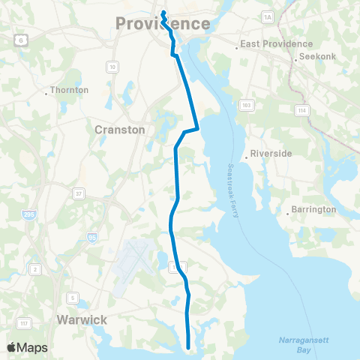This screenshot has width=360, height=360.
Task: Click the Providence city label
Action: click(163, 24)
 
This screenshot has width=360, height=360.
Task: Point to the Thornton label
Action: click(70, 90)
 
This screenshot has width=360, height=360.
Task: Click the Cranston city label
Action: click(119, 129)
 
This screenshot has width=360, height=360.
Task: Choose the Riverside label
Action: click(271, 153)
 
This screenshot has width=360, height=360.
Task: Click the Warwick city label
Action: click(82, 319)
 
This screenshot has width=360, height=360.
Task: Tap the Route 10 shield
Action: click(112, 67)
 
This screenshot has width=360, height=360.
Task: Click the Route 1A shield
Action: click(268, 16)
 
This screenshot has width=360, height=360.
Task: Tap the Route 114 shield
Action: click(302, 110)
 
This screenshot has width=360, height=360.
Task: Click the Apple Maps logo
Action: click(26, 348)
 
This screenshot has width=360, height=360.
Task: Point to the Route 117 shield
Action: click(24, 323)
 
